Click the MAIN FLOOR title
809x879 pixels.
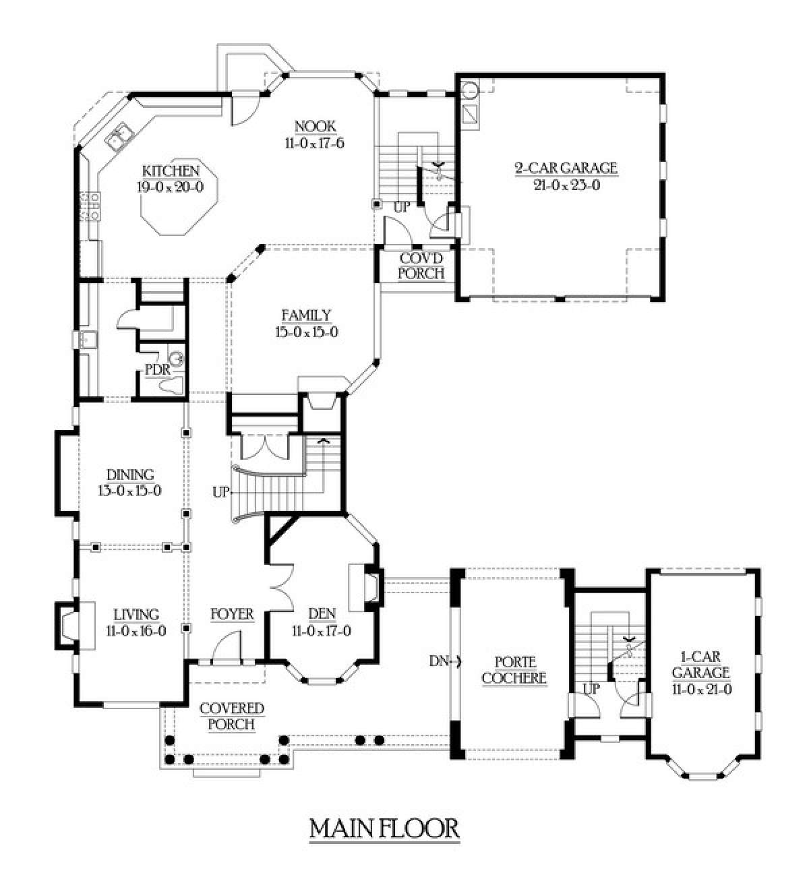[x=384, y=828]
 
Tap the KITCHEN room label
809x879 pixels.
[x=171, y=171]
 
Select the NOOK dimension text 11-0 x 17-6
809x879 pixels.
[x=315, y=144]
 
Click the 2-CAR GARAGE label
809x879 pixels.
[x=567, y=168]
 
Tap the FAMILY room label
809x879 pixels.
[x=306, y=315]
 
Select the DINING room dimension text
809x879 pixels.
[x=129, y=490]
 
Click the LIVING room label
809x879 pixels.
[x=136, y=615]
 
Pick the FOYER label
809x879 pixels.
[x=233, y=614]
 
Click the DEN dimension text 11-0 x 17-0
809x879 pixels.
[x=322, y=631]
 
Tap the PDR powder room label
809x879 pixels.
[x=157, y=370]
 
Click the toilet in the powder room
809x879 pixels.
[x=172, y=385]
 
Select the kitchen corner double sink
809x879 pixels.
[x=119, y=136]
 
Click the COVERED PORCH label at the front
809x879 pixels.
[x=232, y=717]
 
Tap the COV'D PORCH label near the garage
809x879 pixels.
[x=421, y=266]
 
